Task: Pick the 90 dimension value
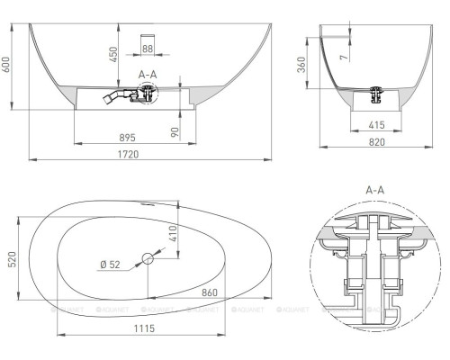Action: (x=175, y=130)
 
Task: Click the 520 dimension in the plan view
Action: (x=11, y=262)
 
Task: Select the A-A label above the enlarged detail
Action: (x=379, y=192)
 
